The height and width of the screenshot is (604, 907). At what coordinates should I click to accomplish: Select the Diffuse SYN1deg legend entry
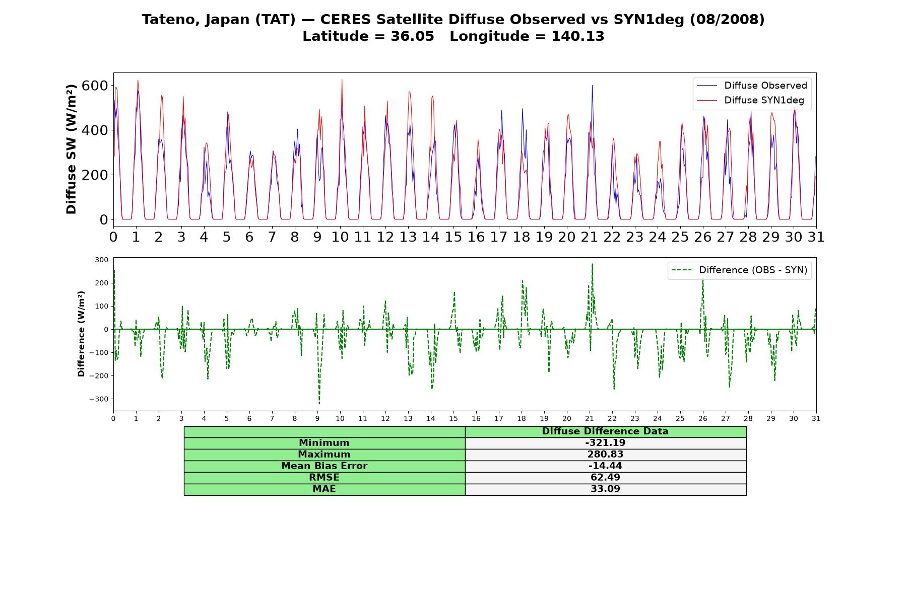[x=750, y=100]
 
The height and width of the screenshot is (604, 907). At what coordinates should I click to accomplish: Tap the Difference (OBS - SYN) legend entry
[x=739, y=270]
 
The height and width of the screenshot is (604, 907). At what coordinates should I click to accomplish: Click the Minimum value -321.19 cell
[x=605, y=443]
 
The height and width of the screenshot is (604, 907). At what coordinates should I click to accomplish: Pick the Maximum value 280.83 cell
[x=605, y=455]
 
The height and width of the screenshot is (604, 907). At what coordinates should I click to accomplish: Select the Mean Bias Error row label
[x=324, y=466]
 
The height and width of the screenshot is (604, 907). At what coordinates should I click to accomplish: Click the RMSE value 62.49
[x=605, y=478]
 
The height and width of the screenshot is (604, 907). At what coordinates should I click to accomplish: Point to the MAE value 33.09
[x=605, y=489]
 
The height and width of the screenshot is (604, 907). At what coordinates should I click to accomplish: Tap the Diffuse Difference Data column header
[x=605, y=431]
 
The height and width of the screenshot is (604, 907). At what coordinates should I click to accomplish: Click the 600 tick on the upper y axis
[x=95, y=86]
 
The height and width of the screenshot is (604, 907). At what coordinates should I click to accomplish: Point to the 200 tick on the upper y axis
[x=95, y=175]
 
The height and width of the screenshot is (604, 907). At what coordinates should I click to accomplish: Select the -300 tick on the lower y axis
[x=99, y=399]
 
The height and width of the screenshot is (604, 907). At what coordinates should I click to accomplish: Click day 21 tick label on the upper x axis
[x=590, y=237]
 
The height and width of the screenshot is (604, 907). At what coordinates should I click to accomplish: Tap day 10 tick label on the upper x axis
[x=340, y=237]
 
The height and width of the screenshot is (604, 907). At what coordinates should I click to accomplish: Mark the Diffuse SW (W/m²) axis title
[x=72, y=149]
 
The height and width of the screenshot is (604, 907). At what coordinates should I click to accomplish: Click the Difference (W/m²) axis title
[x=81, y=334]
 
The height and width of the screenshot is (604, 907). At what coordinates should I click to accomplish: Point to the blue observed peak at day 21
[x=592, y=86]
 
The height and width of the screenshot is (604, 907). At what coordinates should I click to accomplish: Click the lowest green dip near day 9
[x=319, y=403]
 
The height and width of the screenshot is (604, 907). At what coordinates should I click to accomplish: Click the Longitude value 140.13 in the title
[x=577, y=36]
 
